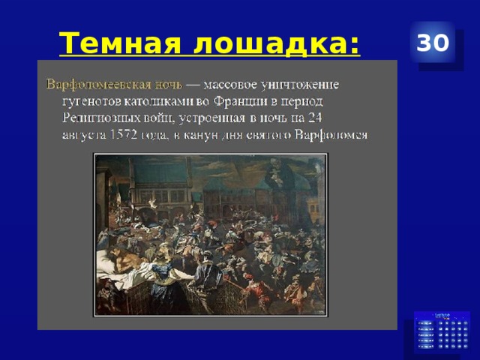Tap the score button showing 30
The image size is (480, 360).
(x=435, y=43)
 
